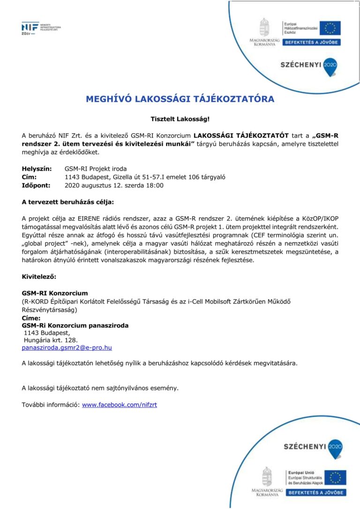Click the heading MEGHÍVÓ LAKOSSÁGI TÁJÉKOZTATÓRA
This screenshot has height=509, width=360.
(x=180, y=99)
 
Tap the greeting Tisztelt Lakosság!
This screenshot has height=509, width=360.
(x=180, y=120)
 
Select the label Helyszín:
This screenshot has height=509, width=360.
(x=37, y=169)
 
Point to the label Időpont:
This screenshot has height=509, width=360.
(x=36, y=186)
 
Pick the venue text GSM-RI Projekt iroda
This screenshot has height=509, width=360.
(x=96, y=169)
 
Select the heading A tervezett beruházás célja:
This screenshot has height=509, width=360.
(x=68, y=202)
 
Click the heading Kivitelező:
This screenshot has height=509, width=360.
(x=39, y=277)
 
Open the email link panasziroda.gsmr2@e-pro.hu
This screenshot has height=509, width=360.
(x=67, y=348)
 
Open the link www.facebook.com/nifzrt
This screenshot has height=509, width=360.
(x=120, y=404)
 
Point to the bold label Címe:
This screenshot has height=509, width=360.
(x=31, y=318)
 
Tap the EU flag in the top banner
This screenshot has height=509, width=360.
(x=330, y=28)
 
